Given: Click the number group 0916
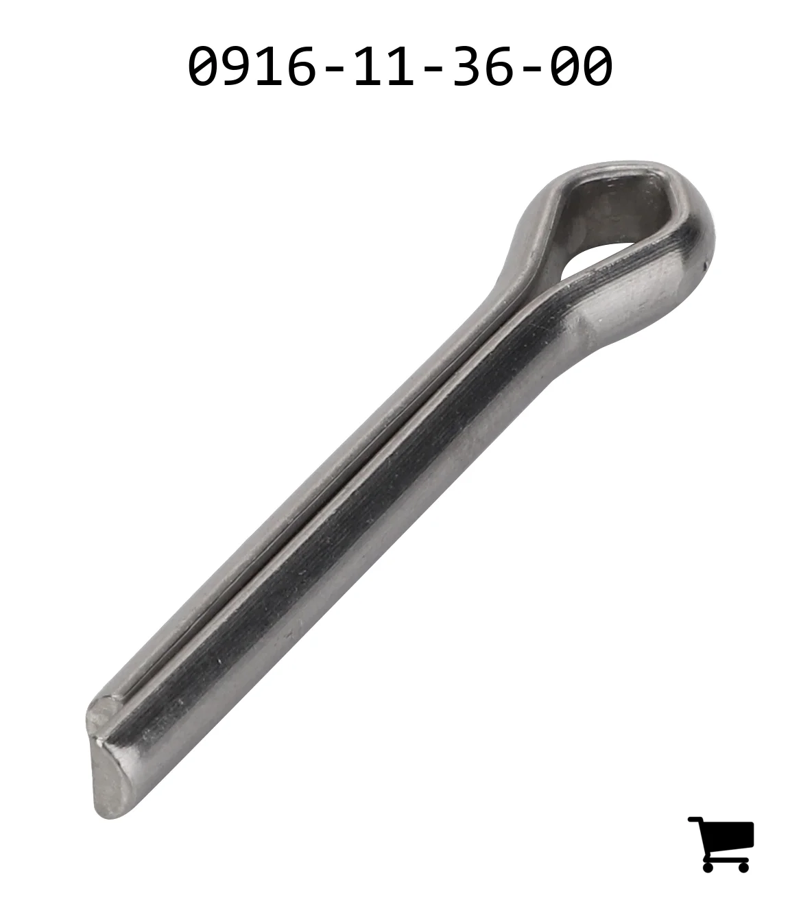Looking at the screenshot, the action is (x=252, y=66).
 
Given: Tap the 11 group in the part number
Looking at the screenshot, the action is (x=384, y=66).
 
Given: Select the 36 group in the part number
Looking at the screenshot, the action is (x=482, y=66).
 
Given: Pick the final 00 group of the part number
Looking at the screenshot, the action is (x=580, y=66).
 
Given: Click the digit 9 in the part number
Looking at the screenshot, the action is (x=236, y=66).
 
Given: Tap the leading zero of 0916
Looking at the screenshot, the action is (x=204, y=66).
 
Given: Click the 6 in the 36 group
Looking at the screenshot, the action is (x=498, y=66).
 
